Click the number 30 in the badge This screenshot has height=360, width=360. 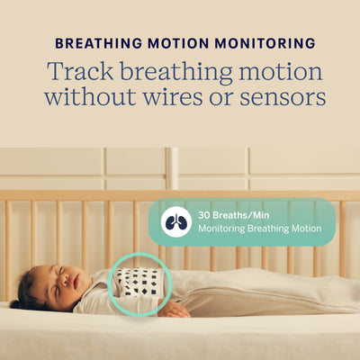pyautogui.click(x=205, y=216)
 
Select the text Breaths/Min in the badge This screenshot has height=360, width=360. pyautogui.click(x=247, y=216)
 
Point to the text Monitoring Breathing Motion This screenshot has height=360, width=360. pyautogui.click(x=259, y=229)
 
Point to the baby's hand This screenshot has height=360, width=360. pyautogui.click(x=173, y=310)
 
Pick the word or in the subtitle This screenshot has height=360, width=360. pyautogui.click(x=229, y=96)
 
